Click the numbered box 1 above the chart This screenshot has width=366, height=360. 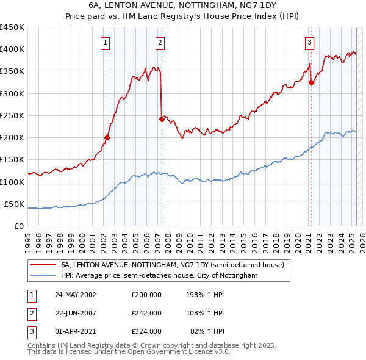(106, 43)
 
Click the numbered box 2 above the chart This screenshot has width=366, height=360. (159, 43)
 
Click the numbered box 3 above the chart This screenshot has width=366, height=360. (309, 43)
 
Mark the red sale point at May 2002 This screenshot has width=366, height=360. (107, 137)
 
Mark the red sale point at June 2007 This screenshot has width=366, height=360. (162, 119)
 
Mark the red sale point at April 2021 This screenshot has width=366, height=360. (311, 83)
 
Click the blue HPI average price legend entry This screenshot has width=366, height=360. (159, 276)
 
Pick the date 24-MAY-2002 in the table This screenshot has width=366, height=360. (76, 295)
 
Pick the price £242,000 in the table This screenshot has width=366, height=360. (146, 313)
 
